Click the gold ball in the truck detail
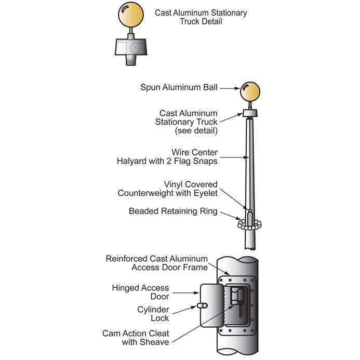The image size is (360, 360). click(x=130, y=15)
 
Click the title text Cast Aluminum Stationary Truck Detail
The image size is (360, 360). click(x=201, y=17)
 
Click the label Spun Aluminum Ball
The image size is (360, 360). click(x=178, y=87)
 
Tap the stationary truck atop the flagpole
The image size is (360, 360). click(x=250, y=113)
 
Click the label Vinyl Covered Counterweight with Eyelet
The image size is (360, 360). click(x=168, y=189)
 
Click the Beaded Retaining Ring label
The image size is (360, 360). click(x=173, y=211)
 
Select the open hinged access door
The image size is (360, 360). click(x=211, y=306)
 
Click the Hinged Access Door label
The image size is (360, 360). click(x=140, y=292)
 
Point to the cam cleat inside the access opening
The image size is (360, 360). click(x=236, y=299)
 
